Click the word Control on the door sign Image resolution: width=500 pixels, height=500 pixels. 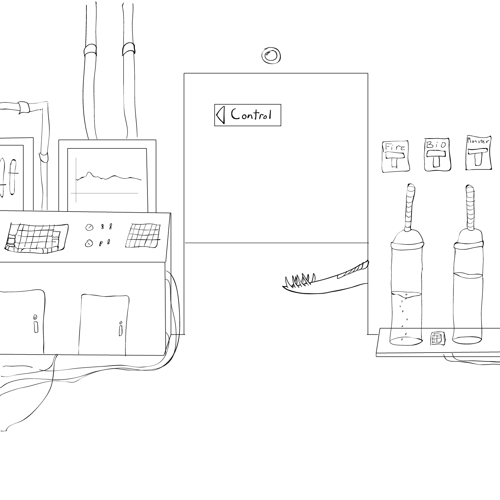[251, 115]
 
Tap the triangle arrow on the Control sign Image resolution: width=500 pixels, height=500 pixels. [221, 115]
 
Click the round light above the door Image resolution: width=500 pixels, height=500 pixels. [271, 56]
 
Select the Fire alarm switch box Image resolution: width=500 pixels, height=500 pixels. [395, 157]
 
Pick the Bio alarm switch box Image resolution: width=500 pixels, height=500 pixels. [437, 155]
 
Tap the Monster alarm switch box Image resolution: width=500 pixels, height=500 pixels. [478, 153]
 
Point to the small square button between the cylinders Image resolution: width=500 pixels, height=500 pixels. [437, 338]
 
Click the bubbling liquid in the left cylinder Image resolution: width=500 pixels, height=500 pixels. [406, 316]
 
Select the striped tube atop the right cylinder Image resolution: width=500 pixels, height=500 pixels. [470, 208]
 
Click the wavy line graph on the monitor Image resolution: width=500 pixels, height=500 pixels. [108, 177]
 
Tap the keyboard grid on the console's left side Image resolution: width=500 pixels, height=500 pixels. [36, 238]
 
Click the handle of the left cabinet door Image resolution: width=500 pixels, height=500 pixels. [35, 324]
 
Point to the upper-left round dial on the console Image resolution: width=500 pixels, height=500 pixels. [89, 227]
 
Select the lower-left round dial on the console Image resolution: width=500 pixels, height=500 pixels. [89, 243]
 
